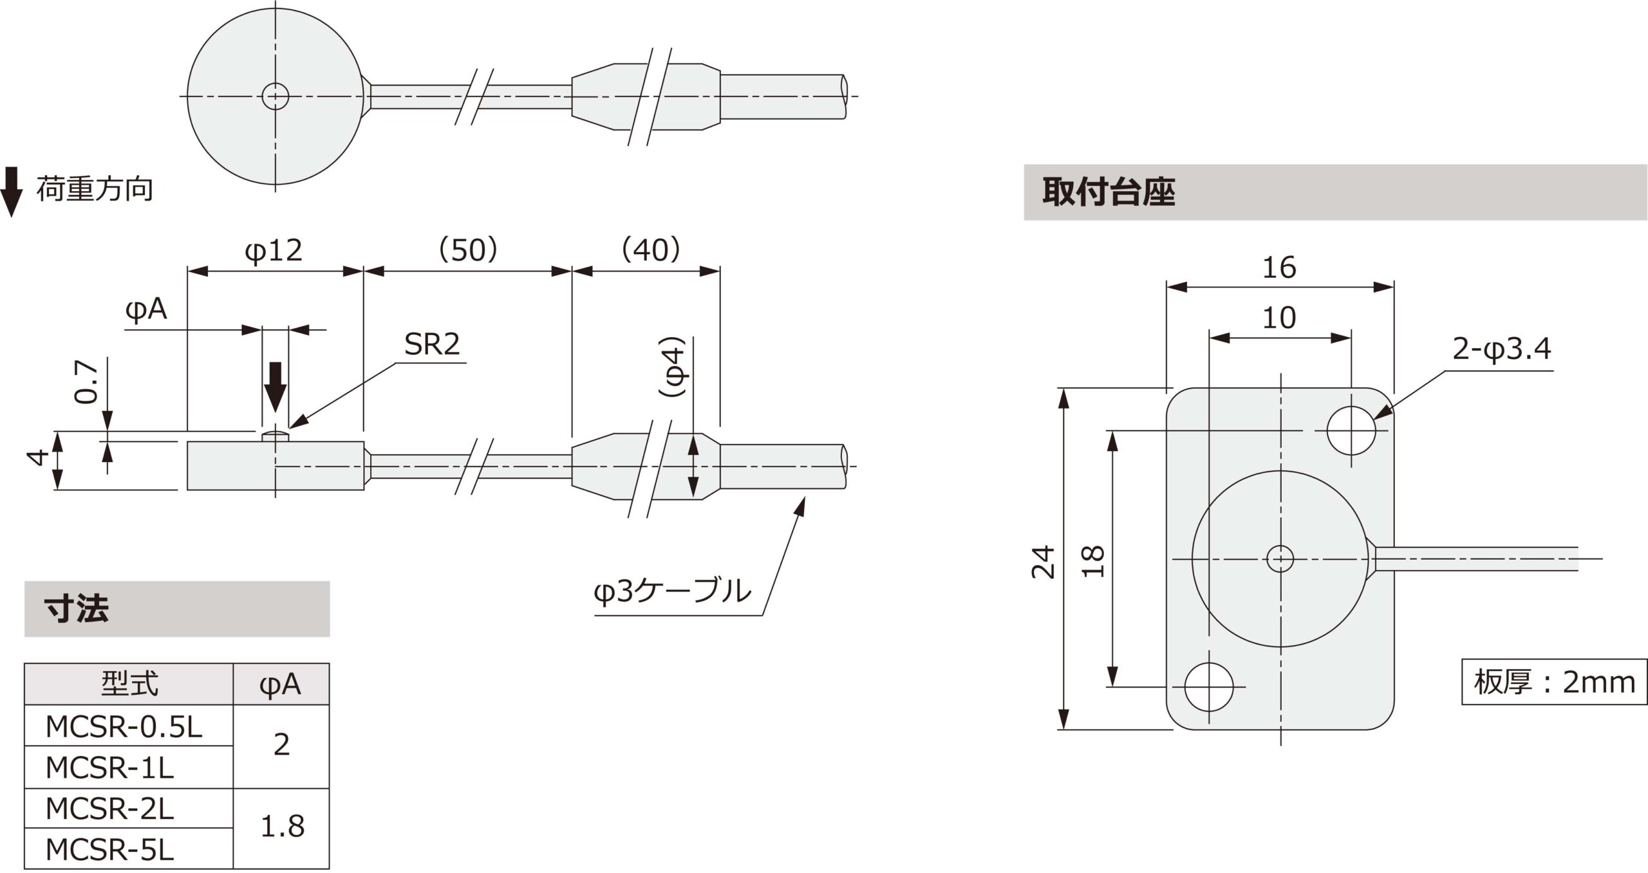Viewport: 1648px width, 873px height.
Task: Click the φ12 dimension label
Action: click(274, 250)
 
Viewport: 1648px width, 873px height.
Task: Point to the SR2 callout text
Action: click(432, 345)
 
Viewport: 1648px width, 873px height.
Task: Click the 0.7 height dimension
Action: click(86, 381)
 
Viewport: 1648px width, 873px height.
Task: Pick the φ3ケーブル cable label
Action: click(672, 591)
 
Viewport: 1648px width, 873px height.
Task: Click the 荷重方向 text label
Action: click(95, 190)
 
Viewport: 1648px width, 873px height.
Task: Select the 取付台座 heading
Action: click(1109, 192)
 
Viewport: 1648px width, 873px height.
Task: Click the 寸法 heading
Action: click(76, 609)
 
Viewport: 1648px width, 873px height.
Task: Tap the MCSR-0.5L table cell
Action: click(124, 727)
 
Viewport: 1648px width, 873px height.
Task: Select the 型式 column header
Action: click(129, 684)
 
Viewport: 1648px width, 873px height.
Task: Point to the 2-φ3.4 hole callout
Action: click(1501, 349)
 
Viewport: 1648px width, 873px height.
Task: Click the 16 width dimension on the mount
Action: click(1279, 268)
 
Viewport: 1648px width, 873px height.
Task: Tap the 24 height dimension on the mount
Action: click(1043, 561)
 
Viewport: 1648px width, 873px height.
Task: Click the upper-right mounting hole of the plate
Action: click(1351, 430)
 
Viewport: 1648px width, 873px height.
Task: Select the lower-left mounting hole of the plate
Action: click(1209, 686)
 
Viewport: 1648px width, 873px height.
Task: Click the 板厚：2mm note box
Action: click(1553, 682)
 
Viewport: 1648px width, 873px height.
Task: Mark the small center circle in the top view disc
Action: click(276, 97)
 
